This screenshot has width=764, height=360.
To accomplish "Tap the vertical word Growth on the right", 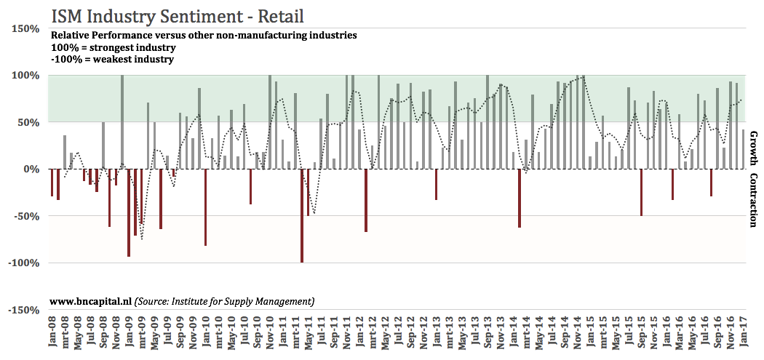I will click(754, 149).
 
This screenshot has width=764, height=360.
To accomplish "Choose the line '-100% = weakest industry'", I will click(111, 59).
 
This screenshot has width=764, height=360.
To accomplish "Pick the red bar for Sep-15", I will click(641, 192).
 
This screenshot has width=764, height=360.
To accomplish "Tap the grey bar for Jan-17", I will click(743, 149).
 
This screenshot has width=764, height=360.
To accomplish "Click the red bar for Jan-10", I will click(205, 207).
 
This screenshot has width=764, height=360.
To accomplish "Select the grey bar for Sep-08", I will click(103, 145).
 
